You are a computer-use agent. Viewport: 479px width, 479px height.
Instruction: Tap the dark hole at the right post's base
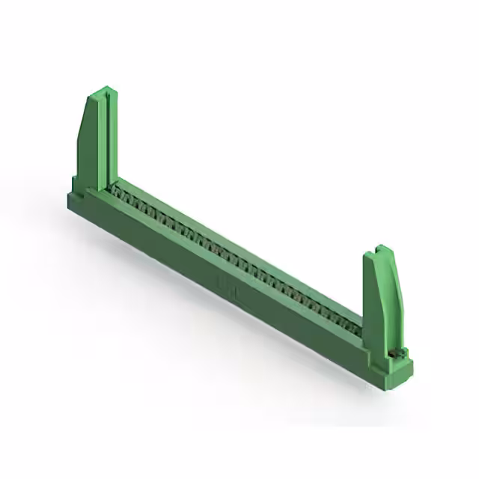[x=391, y=351]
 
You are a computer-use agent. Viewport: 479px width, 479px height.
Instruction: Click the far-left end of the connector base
[x=70, y=198]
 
